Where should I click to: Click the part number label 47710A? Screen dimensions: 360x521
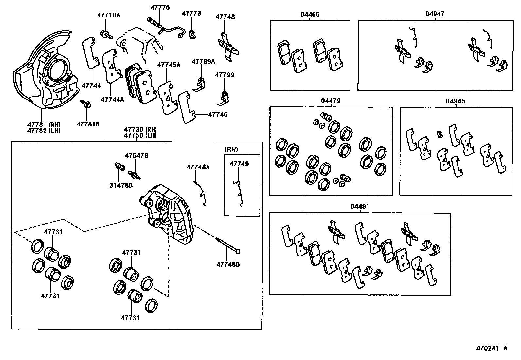pyautogui.click(x=109, y=15)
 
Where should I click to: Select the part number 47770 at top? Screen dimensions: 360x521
pyautogui.click(x=160, y=8)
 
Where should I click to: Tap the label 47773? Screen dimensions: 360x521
pyautogui.click(x=191, y=13)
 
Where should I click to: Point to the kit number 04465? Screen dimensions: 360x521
pyautogui.click(x=310, y=14)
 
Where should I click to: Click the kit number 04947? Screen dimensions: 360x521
pyautogui.click(x=435, y=14)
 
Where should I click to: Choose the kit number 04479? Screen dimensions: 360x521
pyautogui.click(x=331, y=101)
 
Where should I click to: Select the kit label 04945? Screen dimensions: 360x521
pyautogui.click(x=455, y=101)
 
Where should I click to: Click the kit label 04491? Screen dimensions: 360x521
pyautogui.click(x=360, y=206)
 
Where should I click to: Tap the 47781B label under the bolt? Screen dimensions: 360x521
pyautogui.click(x=88, y=124)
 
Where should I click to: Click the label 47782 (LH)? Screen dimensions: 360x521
pyautogui.click(x=44, y=130)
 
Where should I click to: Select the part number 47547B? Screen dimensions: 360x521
pyautogui.click(x=136, y=155)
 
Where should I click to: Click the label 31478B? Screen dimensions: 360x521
pyautogui.click(x=121, y=185)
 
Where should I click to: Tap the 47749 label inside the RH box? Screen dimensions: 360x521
pyautogui.click(x=239, y=164)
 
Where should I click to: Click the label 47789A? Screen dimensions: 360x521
pyautogui.click(x=203, y=61)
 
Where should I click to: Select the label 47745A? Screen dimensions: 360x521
pyautogui.click(x=169, y=65)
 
